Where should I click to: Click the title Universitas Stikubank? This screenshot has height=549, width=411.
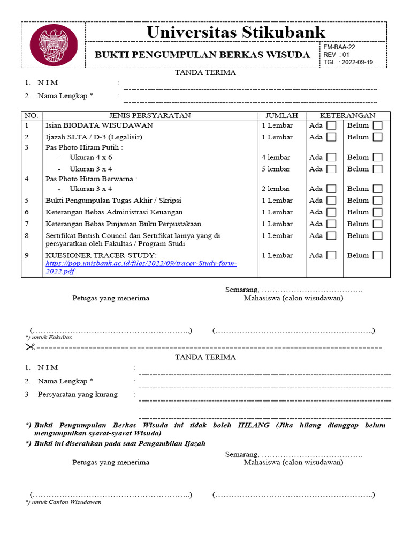tap(235, 32)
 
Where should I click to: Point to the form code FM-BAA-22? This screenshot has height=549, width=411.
tap(339, 47)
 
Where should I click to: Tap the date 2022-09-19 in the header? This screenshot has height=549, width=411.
tap(357, 62)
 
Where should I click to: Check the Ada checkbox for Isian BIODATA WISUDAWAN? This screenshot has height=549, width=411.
tap(331, 125)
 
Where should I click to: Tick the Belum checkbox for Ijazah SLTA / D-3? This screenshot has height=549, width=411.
tap(378, 137)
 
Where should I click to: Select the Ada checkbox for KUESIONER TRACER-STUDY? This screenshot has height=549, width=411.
tap(331, 255)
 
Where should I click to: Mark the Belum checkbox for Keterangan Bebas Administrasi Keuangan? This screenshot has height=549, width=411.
tap(378, 212)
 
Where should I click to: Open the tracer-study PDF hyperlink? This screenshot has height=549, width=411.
tap(141, 264)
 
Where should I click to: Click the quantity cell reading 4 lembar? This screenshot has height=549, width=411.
tap(276, 158)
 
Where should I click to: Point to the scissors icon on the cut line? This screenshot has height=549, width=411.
tap(29, 347)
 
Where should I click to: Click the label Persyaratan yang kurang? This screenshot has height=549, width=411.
tap(77, 395)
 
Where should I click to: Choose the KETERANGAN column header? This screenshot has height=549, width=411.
tap(347, 115)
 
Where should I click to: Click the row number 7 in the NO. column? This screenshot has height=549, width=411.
tap(26, 224)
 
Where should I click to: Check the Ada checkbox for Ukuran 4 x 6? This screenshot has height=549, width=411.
tap(331, 158)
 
